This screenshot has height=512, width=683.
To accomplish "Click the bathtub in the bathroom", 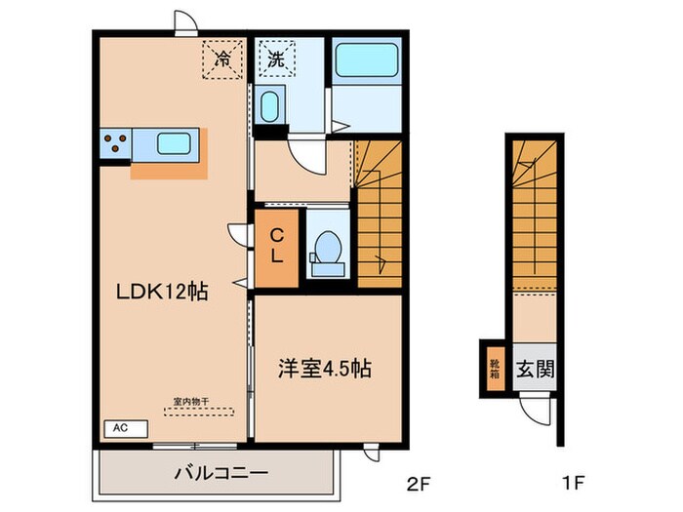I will tap(366, 61).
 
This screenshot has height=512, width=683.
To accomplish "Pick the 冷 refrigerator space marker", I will tap(222, 58).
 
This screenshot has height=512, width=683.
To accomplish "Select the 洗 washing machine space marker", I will tap(275, 59).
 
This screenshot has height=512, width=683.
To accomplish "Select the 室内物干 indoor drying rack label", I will tap(191, 400).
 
